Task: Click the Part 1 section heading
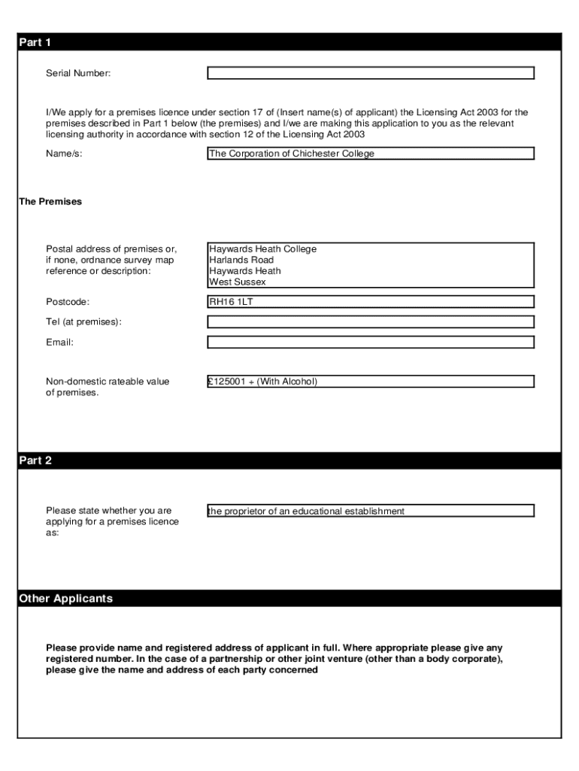tap(35, 43)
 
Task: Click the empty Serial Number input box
tap(370, 73)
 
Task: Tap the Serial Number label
tap(78, 73)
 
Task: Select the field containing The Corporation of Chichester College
tap(370, 154)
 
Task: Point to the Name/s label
tap(64, 154)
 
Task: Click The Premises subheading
tap(50, 202)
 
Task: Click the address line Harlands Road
tap(241, 260)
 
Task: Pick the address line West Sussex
tap(238, 282)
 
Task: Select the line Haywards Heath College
tap(263, 249)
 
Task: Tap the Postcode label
tap(68, 302)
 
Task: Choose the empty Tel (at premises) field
tap(370, 322)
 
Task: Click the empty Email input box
tap(370, 343)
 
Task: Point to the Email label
tap(59, 343)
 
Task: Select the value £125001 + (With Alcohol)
tap(263, 382)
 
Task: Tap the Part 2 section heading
tap(35, 461)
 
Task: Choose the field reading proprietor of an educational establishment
tap(307, 511)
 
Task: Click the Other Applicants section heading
tap(65, 599)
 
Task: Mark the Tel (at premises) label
tap(83, 322)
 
